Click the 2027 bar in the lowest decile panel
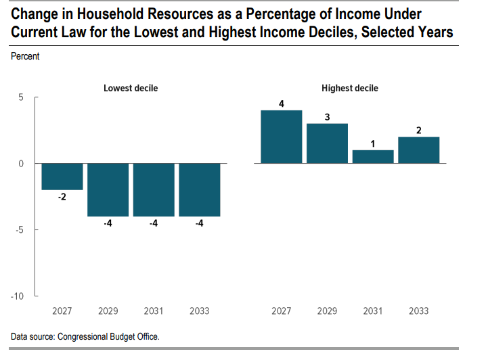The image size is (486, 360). tap(62, 177)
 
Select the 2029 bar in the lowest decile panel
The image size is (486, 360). tap(108, 189)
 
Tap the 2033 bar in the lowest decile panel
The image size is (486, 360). tap(200, 189)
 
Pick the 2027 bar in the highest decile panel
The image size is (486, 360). tap(281, 137)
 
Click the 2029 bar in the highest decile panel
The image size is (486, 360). tap(327, 143)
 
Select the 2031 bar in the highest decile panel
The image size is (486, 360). tap(373, 156)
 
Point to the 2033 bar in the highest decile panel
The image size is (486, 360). tap(419, 150)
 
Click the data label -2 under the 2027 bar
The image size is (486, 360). tap(62, 198)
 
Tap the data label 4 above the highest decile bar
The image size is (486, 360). tap(281, 104)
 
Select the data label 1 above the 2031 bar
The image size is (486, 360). tap(373, 143)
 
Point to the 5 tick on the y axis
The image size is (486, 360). tap(21, 97)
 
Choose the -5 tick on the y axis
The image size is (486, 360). tap(19, 230)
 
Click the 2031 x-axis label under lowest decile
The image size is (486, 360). tap(154, 311)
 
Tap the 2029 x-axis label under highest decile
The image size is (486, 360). tap(327, 311)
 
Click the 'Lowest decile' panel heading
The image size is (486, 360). tap(131, 89)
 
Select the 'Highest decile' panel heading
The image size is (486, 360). tap(350, 89)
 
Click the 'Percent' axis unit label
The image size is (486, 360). tap(25, 57)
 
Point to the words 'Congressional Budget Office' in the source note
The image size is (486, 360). tap(108, 336)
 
